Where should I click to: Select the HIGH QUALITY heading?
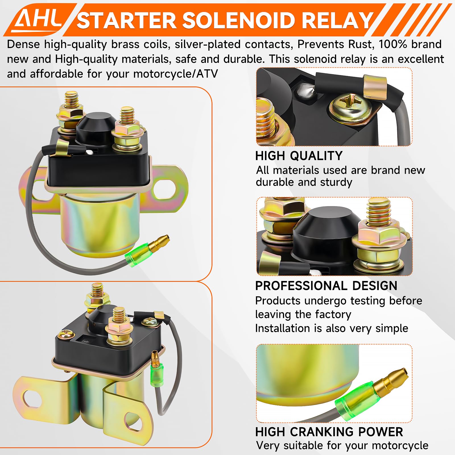(x=299, y=156)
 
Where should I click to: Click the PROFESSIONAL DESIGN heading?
(x=326, y=286)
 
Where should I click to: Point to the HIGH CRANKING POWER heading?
(x=329, y=432)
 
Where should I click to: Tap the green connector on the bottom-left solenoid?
(x=157, y=375)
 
